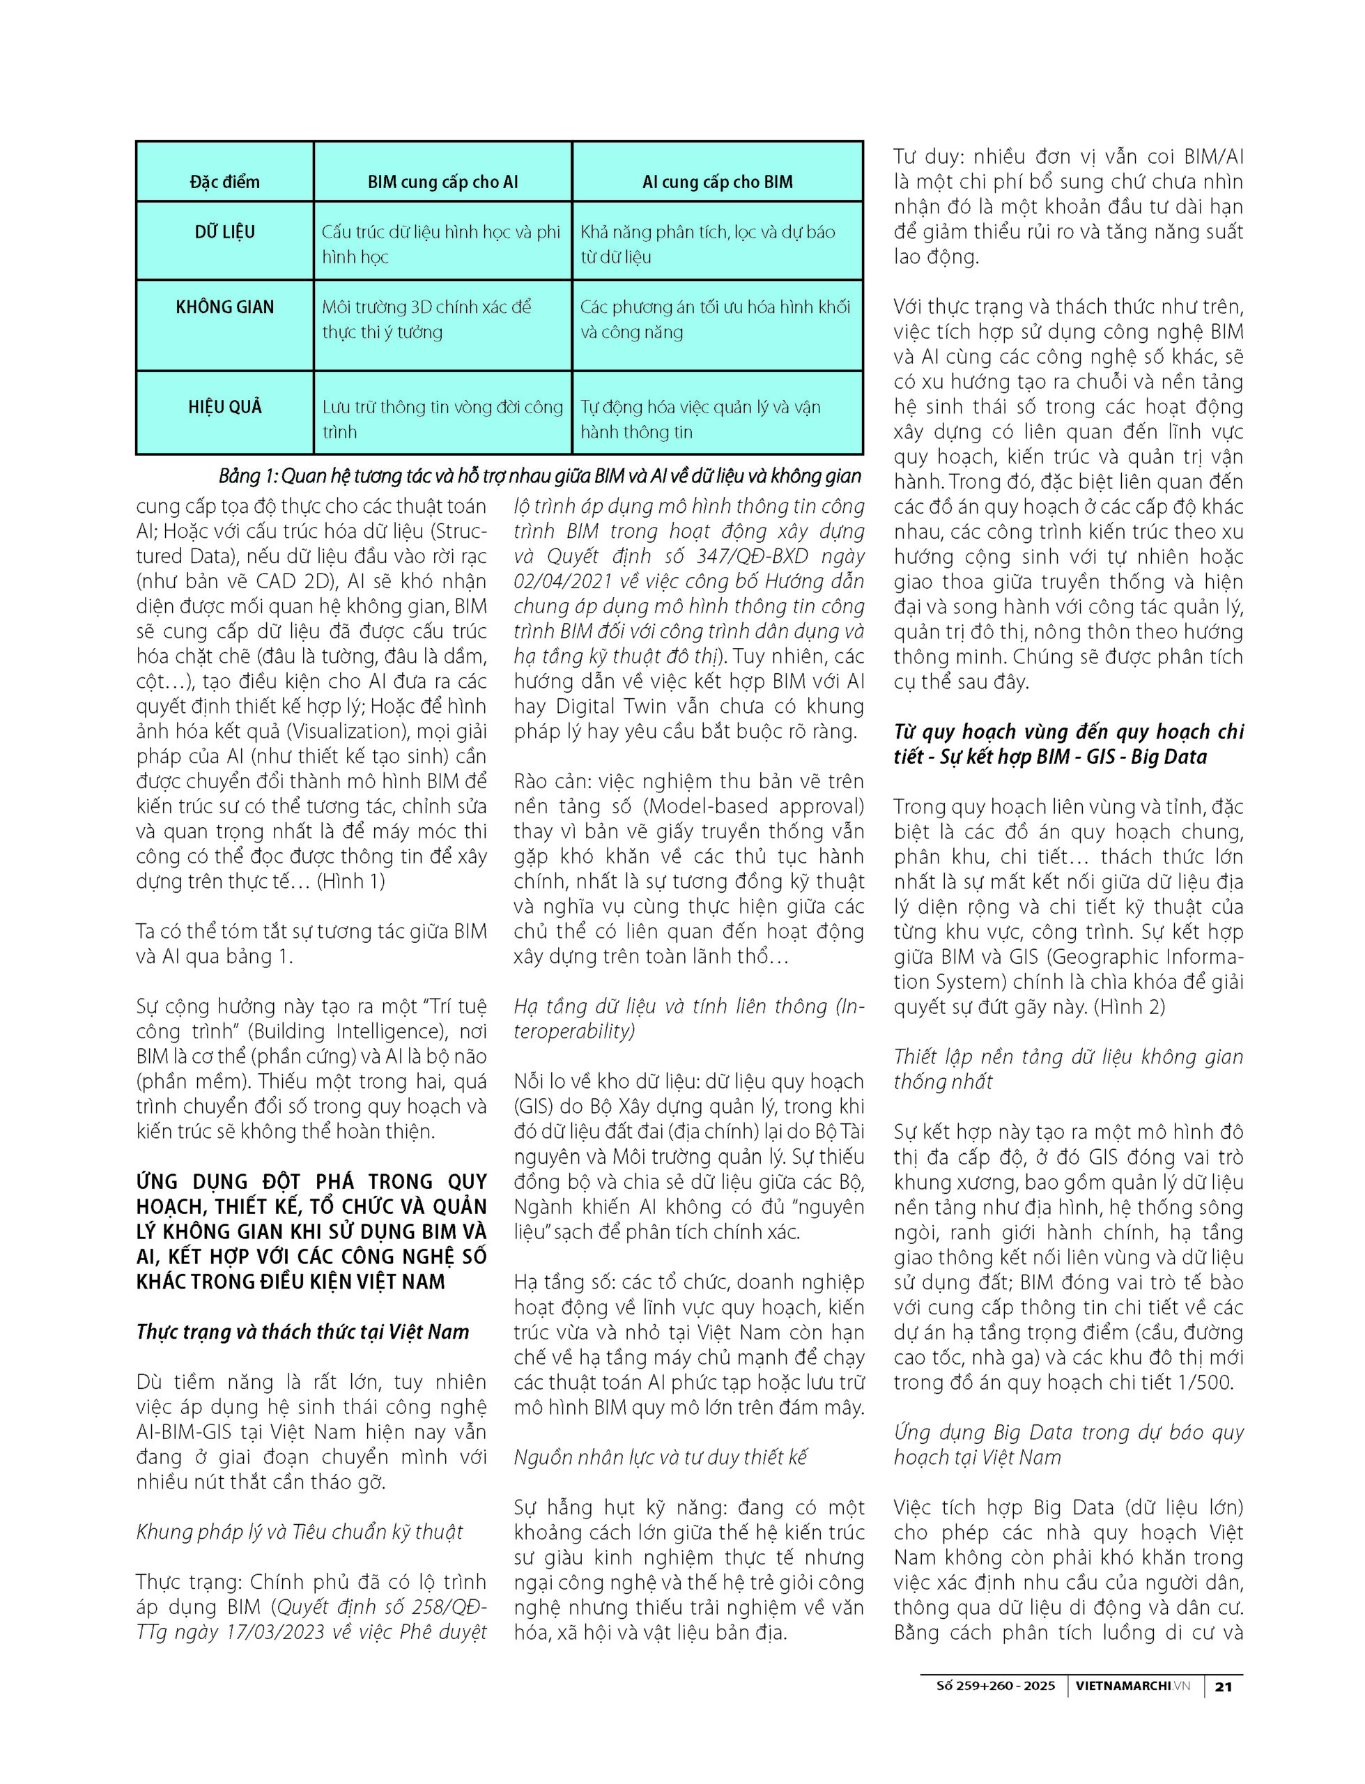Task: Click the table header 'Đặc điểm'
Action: coord(224,182)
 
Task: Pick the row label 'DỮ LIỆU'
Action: coord(224,232)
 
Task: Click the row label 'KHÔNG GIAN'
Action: coord(224,307)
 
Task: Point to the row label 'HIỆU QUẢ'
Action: coord(224,407)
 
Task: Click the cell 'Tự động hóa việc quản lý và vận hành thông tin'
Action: coord(700,420)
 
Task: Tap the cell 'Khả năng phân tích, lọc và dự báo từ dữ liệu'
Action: coord(707,245)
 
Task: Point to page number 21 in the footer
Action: coord(1223,1686)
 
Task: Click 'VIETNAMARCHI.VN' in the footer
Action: coord(1132,1686)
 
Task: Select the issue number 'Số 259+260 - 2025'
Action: coord(995,1686)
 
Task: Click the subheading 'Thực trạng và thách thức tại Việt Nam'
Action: coord(302,1332)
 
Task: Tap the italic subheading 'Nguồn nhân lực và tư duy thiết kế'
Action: coord(660,1457)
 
